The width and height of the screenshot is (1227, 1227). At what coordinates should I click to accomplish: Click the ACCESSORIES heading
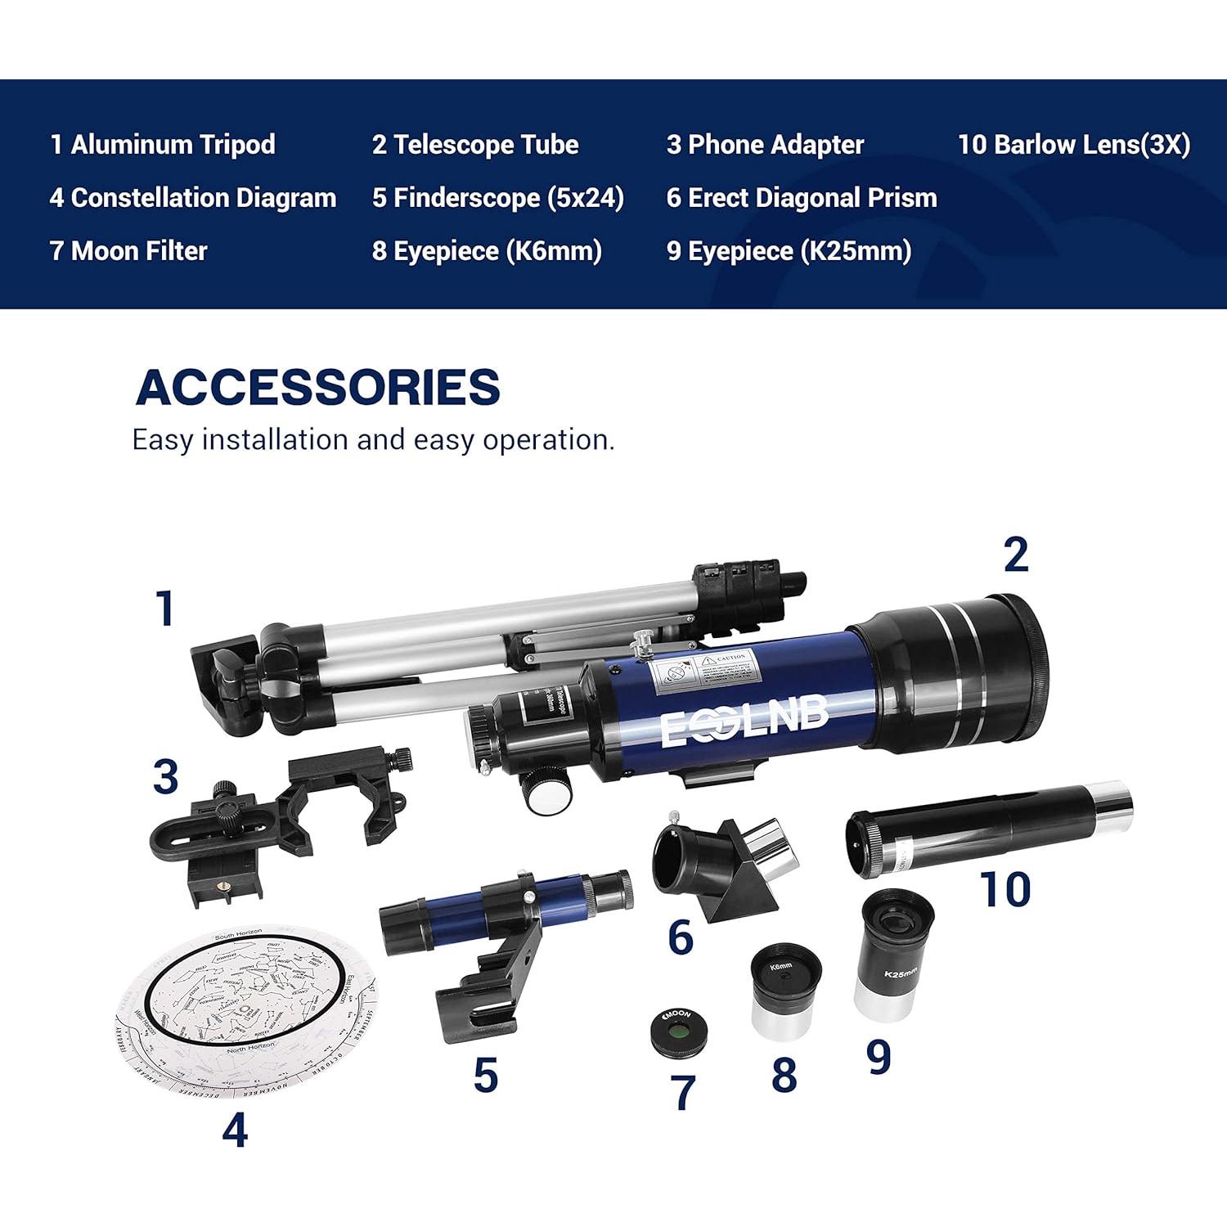[x=317, y=387]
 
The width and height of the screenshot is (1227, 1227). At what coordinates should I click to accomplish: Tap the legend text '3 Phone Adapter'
[x=765, y=145]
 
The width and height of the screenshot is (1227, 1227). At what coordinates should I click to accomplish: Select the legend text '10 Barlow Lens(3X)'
[x=1073, y=145]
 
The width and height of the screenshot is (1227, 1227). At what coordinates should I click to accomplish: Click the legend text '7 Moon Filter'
[x=128, y=251]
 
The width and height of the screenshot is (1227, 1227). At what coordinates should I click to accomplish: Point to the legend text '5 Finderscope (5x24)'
[x=498, y=198]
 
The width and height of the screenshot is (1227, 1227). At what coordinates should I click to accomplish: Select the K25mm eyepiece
[x=897, y=955]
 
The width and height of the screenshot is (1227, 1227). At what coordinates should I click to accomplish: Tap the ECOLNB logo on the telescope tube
[x=744, y=721]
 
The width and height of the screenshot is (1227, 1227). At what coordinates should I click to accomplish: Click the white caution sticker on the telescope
[x=703, y=674]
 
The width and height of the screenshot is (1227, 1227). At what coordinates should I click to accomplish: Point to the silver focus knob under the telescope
[x=545, y=794]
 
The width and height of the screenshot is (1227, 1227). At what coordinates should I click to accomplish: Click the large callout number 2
[x=1015, y=556]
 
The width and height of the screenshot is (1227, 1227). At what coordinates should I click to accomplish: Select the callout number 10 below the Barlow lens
[x=1005, y=889]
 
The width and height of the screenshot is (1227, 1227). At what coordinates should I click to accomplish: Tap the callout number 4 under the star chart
[x=235, y=1132]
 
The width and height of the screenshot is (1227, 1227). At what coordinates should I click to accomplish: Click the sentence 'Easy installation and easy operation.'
[x=373, y=440]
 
